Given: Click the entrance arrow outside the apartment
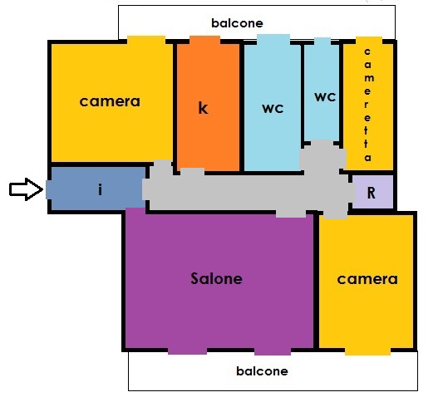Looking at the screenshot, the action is coord(26,189).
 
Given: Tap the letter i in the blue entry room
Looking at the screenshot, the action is coord(100,189).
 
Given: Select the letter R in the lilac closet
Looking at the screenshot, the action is coord(372,193).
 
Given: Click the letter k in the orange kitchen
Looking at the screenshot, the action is coord(203,108).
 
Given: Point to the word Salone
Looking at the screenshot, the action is coord(216,278).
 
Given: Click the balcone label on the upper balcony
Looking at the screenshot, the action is coord(238,23).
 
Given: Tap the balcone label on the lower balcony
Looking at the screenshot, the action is coord(262,371).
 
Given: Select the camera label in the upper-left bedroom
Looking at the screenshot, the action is coord(110,101).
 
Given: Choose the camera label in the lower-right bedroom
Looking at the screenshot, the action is coord(367,279).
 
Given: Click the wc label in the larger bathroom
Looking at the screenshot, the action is coord(273,109).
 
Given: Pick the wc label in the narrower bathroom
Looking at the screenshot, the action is coord(325,97).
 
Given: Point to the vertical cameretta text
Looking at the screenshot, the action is coord(367,105).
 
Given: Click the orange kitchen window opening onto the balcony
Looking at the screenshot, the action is coord(204,40).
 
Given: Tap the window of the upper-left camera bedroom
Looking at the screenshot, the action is coord(146,40).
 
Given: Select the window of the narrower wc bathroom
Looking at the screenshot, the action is coord(322,42).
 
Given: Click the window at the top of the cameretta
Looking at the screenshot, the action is coord(369,41).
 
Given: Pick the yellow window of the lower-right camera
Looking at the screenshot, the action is coord(367,351).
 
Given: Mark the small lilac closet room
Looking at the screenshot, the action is coord(372,192).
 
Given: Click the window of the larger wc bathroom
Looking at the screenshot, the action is coord(273,40).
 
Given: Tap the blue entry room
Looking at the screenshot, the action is coord(96,189).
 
